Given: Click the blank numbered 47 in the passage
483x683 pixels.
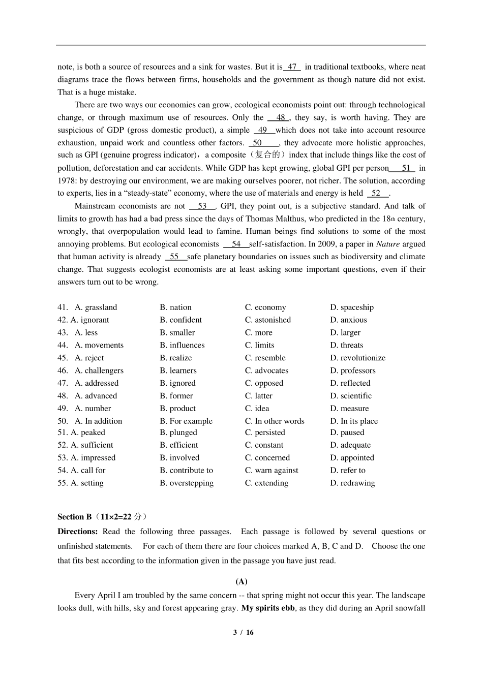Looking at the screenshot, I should pos(292,67).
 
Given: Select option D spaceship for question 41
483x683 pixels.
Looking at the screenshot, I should pos(352,307).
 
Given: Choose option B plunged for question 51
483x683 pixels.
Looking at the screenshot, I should pos(178,432).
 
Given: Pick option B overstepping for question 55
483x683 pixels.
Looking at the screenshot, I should pos(187,483).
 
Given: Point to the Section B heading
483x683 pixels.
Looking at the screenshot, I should pos(75,517).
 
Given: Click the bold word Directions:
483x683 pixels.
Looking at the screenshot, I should pos(77,532).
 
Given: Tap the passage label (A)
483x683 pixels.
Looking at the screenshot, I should pos(242,581).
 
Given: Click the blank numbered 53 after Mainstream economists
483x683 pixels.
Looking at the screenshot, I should pos(202,206).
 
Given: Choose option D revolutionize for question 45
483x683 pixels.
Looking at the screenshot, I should pos(358,358).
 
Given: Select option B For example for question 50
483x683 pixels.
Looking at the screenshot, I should pos(186,421).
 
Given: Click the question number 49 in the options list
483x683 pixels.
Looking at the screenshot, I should pos(63,409).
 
